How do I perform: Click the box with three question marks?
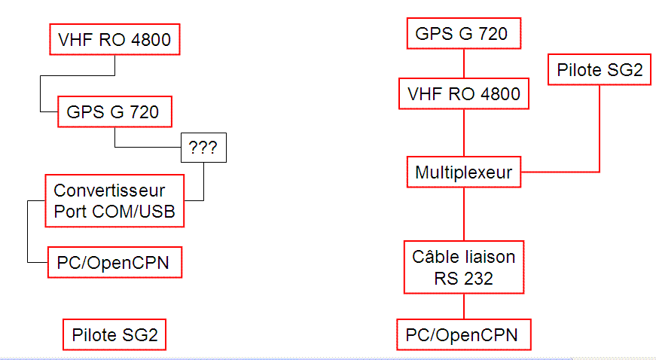203,148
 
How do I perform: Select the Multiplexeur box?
463,172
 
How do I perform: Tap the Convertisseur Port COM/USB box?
114,201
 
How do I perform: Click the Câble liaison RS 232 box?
463,267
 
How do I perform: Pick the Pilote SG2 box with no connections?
114,334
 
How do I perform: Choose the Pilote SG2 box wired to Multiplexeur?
600,71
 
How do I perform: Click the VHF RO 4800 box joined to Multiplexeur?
463,95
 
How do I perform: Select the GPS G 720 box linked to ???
113,113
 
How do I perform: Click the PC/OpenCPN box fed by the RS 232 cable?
463,334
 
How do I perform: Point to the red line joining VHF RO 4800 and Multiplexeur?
463,133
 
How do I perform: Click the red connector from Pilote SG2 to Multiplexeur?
600,128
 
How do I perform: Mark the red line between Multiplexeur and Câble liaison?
463,215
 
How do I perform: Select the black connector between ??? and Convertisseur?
203,185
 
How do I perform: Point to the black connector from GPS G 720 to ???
147,147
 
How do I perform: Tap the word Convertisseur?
108,190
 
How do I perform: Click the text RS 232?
463,279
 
